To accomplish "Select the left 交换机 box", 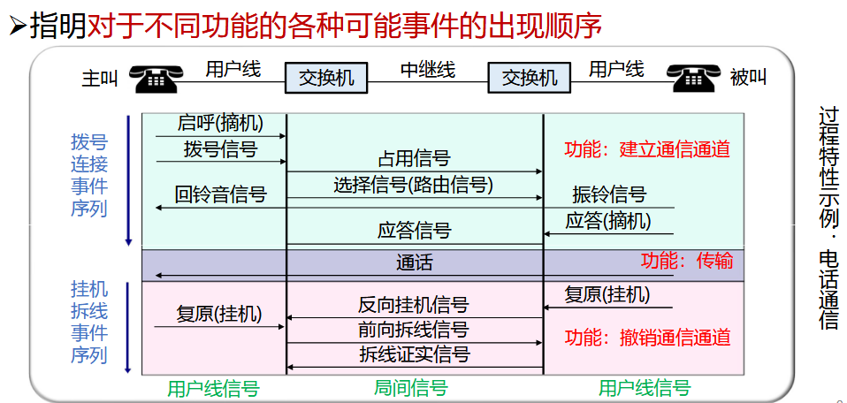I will click(326, 78).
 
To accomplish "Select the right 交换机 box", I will click(530, 78).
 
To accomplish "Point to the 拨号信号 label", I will click(220, 148).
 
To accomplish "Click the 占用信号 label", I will click(414, 159).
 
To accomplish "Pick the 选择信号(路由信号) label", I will click(414, 185).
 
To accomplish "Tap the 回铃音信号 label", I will click(220, 194).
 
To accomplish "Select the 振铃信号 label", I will click(609, 194).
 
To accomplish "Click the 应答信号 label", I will click(414, 231).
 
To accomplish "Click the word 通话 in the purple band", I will click(414, 263).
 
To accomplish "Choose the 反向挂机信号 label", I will click(414, 305).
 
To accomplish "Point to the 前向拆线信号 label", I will click(414, 330).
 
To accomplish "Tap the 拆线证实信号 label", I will click(414, 354).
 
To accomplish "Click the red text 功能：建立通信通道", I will click(647, 149).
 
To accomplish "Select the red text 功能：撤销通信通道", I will click(647, 337).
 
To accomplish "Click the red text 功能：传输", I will click(687, 261).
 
